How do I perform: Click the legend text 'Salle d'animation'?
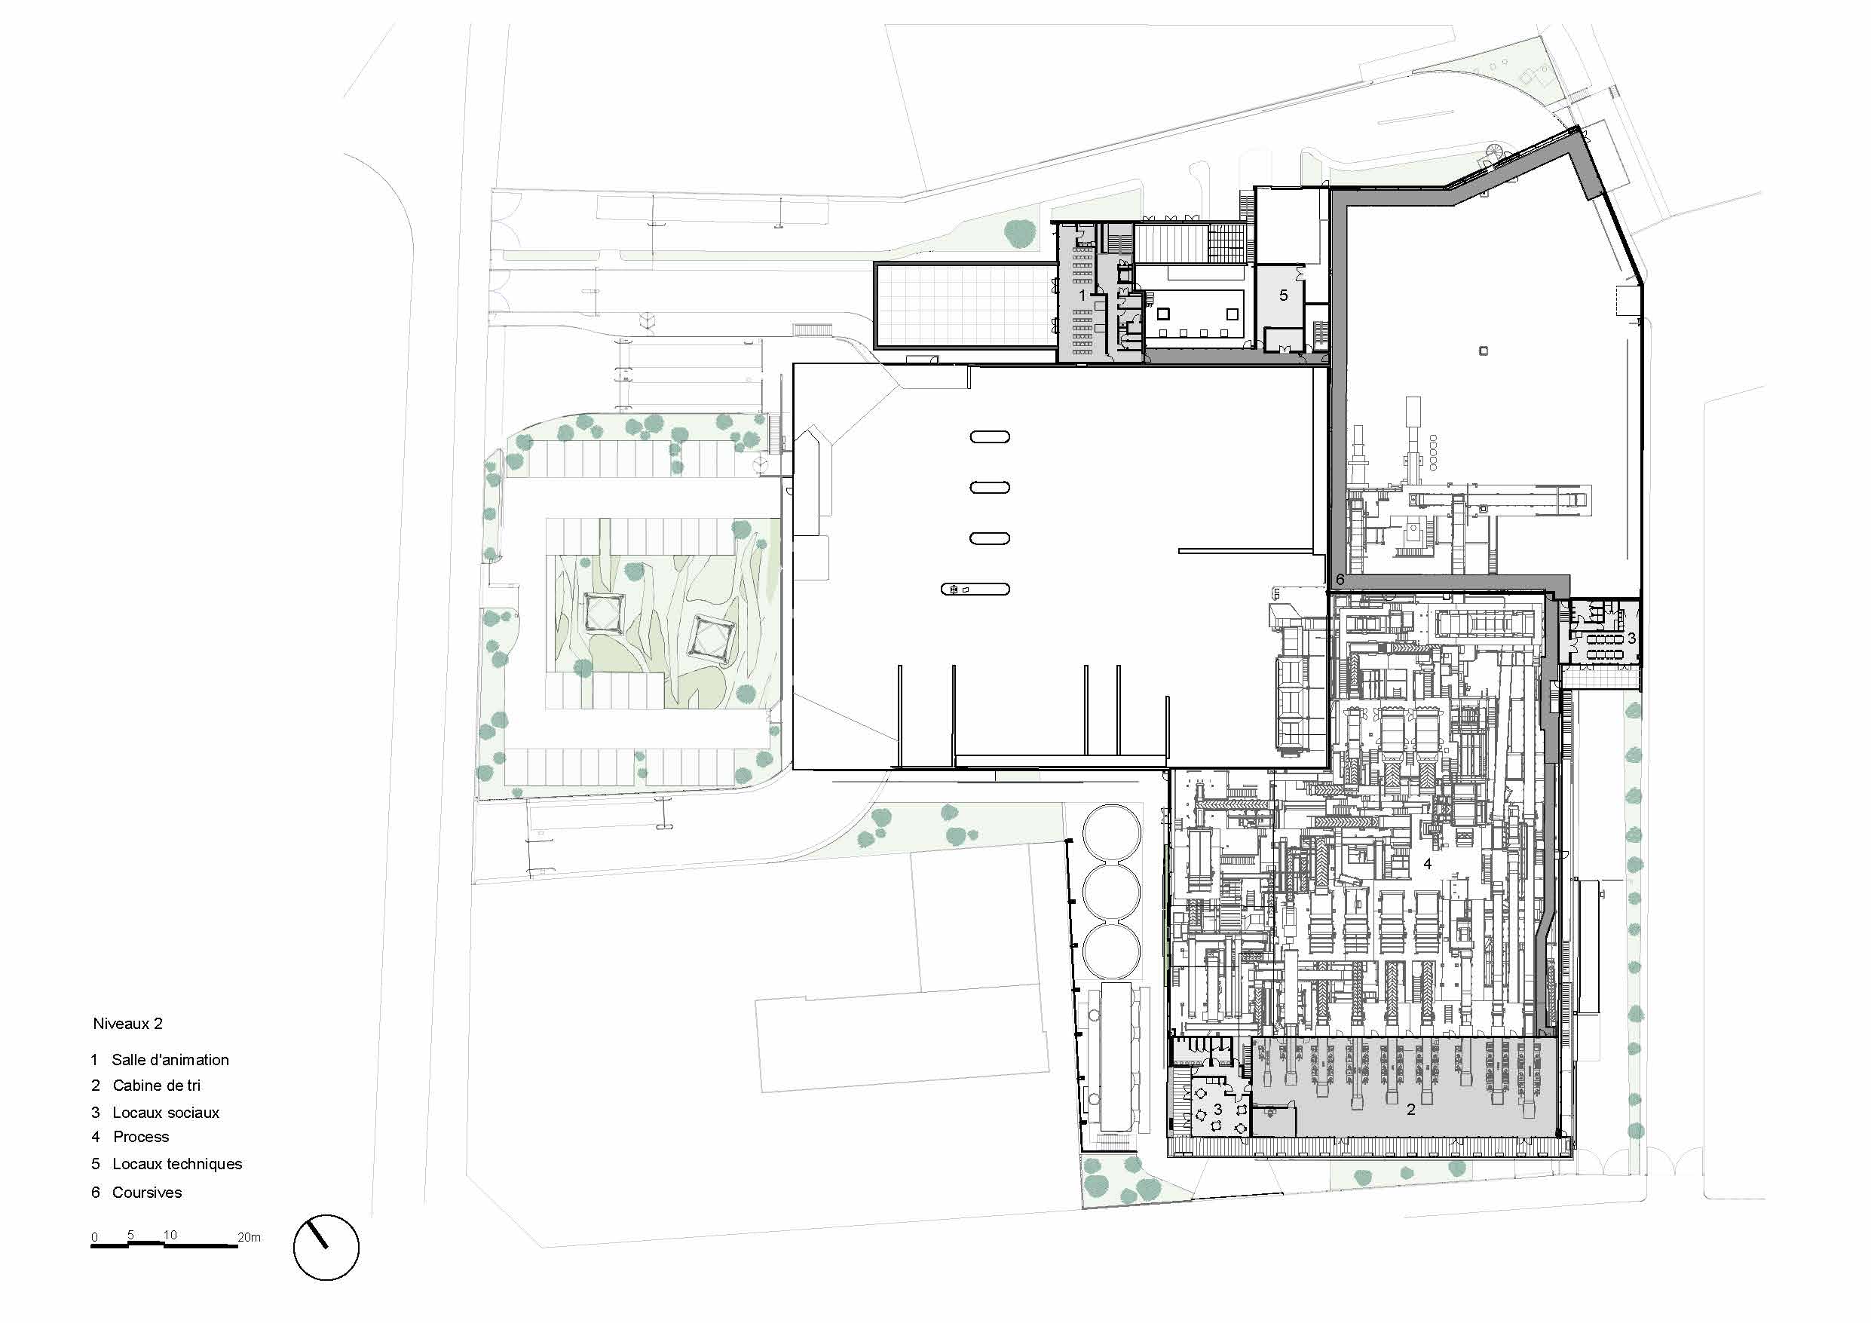170,1060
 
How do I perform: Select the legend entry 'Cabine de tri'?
157,1085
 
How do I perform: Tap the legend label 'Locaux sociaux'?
167,1113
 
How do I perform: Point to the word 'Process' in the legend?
141,1136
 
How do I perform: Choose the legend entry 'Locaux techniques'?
178,1164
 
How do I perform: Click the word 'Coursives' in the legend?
147,1193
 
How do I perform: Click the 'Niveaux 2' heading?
127,1024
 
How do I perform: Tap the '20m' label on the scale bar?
250,1236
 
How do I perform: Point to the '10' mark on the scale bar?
170,1234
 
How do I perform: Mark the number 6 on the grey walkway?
1340,580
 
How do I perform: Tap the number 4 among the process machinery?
1427,864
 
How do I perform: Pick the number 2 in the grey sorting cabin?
1410,1110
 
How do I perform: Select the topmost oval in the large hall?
989,437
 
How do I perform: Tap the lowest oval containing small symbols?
975,589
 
